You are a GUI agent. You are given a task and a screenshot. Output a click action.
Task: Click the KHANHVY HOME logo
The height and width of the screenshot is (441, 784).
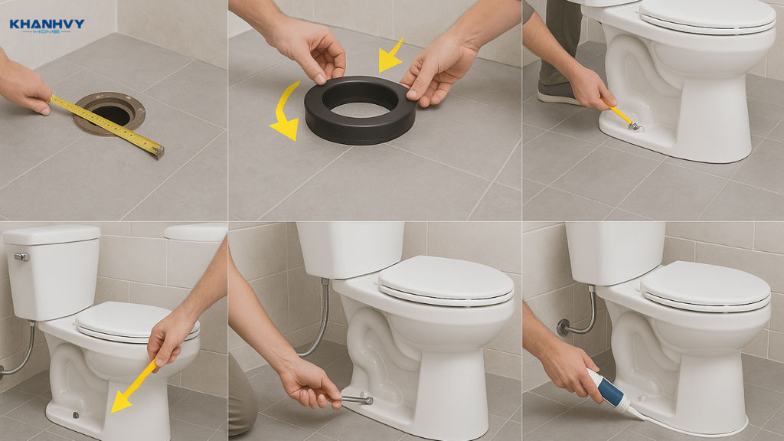point(47,26)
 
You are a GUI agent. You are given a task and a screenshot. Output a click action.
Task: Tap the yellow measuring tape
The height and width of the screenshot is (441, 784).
point(106,123)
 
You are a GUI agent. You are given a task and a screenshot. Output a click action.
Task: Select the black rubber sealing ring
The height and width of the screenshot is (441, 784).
point(360,110)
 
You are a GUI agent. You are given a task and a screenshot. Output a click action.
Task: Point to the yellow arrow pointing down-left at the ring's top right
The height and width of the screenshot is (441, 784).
point(390,56)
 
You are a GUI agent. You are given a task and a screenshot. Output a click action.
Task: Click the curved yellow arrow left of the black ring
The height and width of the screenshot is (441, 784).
point(286,113)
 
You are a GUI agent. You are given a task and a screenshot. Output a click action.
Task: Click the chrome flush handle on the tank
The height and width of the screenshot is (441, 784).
point(21,257)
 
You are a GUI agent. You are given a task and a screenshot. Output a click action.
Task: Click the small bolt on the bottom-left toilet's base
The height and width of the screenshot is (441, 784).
point(76,415)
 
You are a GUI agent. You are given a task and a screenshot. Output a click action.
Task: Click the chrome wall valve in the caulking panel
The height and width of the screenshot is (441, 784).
point(563,326)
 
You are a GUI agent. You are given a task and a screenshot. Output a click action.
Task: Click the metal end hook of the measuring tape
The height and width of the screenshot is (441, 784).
point(159,152)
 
